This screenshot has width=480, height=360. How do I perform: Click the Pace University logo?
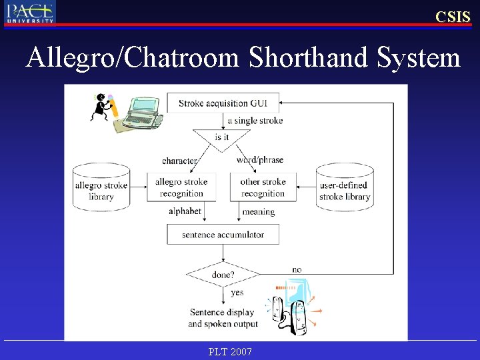pos(30,12)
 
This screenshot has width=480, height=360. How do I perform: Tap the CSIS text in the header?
pos(453,17)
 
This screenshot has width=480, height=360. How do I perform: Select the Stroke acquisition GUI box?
pos(223,103)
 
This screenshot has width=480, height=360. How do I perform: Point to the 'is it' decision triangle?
pos(222,138)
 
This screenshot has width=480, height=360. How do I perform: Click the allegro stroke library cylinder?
pos(101,187)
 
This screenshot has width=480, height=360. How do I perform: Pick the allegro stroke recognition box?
pos(181,187)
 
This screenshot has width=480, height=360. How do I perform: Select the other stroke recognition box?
pos(263,187)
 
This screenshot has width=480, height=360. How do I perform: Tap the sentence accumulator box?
pos(223,235)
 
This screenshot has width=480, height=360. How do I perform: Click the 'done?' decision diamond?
pos(223,274)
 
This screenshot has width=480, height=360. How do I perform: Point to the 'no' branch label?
pos(297,269)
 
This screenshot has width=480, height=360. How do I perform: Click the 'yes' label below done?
pos(237,293)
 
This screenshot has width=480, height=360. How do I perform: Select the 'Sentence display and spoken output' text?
pos(223,318)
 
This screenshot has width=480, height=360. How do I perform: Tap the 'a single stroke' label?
pos(255,121)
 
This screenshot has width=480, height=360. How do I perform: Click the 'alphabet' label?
pos(185,211)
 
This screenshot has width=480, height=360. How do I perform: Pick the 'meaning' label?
pos(259,212)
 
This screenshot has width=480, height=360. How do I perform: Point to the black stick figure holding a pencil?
pos(103,107)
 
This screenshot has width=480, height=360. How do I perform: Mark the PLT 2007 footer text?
pos(230,351)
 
